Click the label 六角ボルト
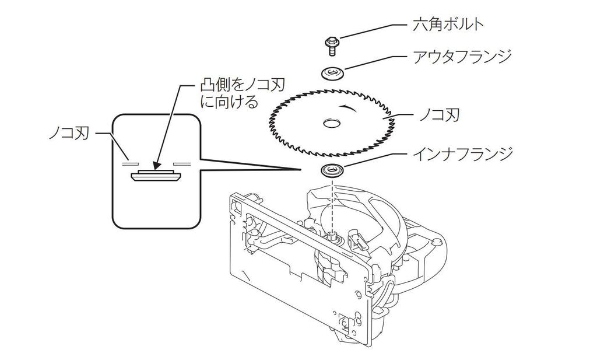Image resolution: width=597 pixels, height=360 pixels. tap(448, 25)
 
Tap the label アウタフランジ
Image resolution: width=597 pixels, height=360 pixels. tap(462, 57)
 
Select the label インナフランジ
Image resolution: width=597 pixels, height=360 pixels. tap(462, 154)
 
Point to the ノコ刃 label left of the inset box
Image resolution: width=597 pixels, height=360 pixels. tap(69, 134)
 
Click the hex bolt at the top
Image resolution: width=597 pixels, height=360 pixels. tap(332, 46)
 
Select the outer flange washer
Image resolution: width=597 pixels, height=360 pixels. tap(333, 73)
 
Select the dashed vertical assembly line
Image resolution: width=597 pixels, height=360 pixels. tap(332, 205)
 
